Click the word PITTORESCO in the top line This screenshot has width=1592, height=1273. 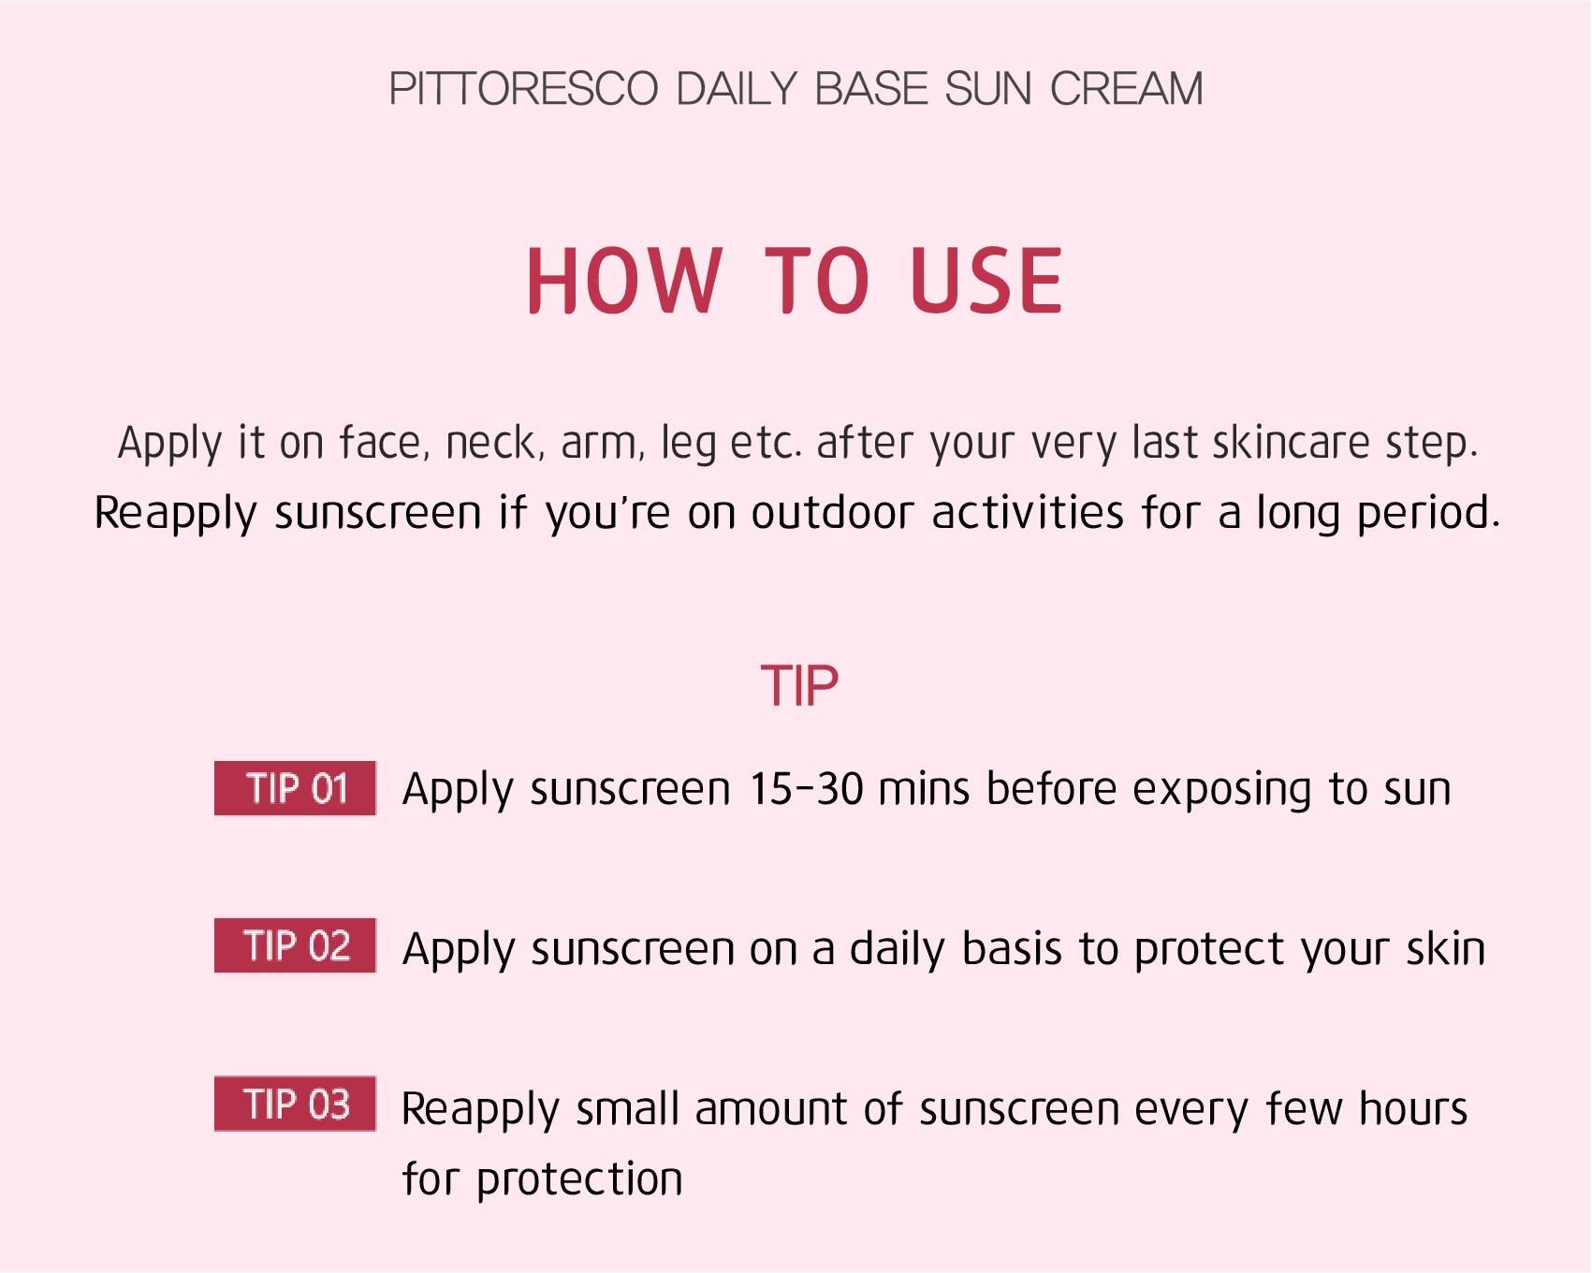[523, 89]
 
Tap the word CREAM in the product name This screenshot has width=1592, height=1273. [1126, 89]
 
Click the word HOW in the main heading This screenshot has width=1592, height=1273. [624, 280]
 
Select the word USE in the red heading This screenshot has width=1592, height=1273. [986, 280]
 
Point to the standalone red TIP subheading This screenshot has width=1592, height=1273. [799, 686]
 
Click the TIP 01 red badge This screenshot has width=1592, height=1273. [295, 788]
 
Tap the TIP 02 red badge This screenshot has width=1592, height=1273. [295, 945]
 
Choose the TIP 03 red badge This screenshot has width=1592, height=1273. [295, 1104]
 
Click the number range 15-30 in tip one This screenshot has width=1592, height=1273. [806, 789]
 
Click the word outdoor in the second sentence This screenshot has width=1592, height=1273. [832, 513]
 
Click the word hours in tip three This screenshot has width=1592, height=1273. [1413, 1109]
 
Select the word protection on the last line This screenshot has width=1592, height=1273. [580, 1180]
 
